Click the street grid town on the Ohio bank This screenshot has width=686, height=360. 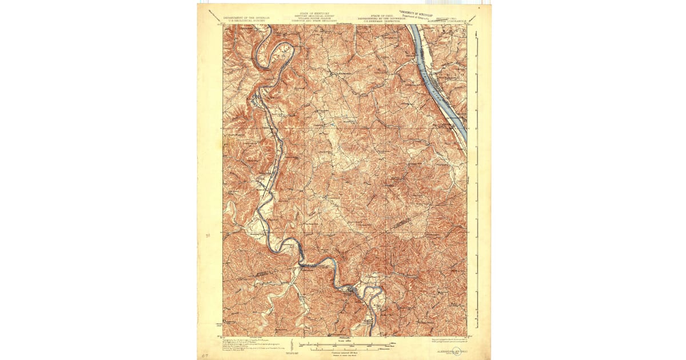(x=444, y=80)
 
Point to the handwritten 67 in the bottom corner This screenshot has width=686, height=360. (x=205, y=354)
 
